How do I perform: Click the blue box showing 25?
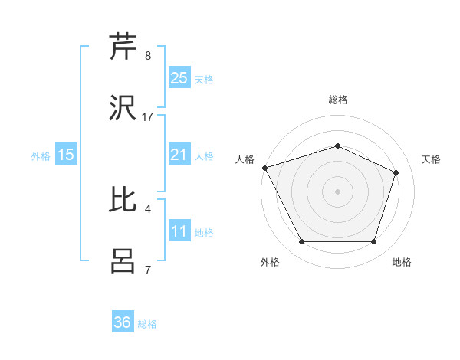pos(179,77)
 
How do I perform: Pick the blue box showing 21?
pos(179,155)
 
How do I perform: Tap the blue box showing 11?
pos(179,231)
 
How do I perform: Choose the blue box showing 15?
pos(66,155)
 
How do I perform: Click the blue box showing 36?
pos(123,322)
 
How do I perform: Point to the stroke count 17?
pos(148,116)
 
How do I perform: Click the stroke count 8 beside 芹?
pos(148,55)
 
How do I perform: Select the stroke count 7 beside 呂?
pos(148,270)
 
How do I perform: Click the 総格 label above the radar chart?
pos(338,100)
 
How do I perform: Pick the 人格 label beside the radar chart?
pos(245,159)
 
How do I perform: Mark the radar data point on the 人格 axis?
pos(264,168)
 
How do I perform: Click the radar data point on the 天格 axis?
pos(396,172)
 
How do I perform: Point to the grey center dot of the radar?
pos(337,191)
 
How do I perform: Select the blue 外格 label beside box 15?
pos(41,155)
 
